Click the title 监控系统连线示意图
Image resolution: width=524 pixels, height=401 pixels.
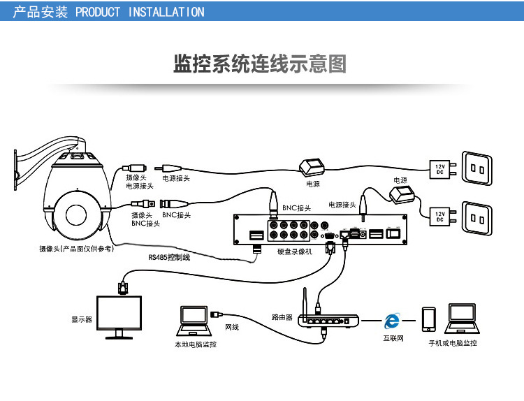click(x=260, y=64)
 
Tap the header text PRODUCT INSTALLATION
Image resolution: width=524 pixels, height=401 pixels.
click(x=140, y=12)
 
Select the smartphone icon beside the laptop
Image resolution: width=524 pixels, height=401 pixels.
click(x=428, y=321)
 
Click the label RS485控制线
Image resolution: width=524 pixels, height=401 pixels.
click(x=168, y=257)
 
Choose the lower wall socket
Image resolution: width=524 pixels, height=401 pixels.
click(x=479, y=218)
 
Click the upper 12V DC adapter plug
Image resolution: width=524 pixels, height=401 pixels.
click(x=439, y=168)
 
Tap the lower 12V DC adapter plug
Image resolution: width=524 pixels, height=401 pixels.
click(x=439, y=216)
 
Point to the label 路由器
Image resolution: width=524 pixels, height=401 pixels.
click(x=282, y=316)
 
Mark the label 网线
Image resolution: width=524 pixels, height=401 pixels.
click(x=231, y=326)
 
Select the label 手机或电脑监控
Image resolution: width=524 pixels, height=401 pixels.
click(x=453, y=343)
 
